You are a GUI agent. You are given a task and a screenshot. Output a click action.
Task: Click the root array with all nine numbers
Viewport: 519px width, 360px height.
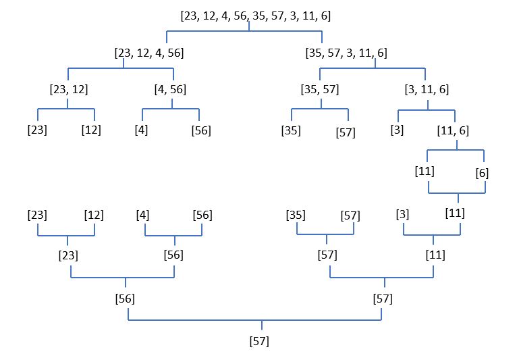click(x=255, y=16)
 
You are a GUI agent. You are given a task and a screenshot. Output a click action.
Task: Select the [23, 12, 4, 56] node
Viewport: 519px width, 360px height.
click(x=150, y=52)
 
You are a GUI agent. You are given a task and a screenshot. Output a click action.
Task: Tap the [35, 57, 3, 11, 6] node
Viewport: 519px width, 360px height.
click(x=346, y=52)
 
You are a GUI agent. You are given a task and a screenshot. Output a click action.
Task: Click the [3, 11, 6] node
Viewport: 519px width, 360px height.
click(x=427, y=88)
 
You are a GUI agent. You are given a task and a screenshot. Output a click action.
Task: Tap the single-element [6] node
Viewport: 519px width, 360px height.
click(x=482, y=172)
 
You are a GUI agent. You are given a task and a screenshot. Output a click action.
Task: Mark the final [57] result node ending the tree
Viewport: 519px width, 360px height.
click(x=259, y=341)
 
